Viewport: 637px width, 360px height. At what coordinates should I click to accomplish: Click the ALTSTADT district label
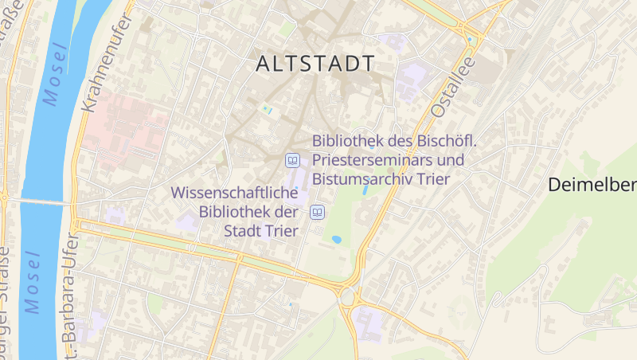click(x=315, y=64)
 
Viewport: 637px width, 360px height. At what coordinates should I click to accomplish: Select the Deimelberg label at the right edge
click(x=592, y=186)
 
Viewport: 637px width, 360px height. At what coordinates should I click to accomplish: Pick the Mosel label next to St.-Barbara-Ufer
click(x=32, y=283)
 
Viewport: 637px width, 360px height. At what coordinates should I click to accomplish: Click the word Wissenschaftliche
click(x=234, y=194)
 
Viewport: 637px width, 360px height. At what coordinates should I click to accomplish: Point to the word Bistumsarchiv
click(x=359, y=178)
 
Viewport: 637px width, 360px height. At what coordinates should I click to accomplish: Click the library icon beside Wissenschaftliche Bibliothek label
click(x=318, y=212)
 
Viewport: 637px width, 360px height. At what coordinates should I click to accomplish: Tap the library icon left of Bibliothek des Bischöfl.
click(x=293, y=161)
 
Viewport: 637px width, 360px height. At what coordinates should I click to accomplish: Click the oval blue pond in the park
click(x=337, y=238)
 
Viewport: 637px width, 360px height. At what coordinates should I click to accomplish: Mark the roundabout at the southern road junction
click(x=348, y=297)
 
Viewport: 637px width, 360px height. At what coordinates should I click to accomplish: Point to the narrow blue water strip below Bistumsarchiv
click(x=365, y=190)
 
